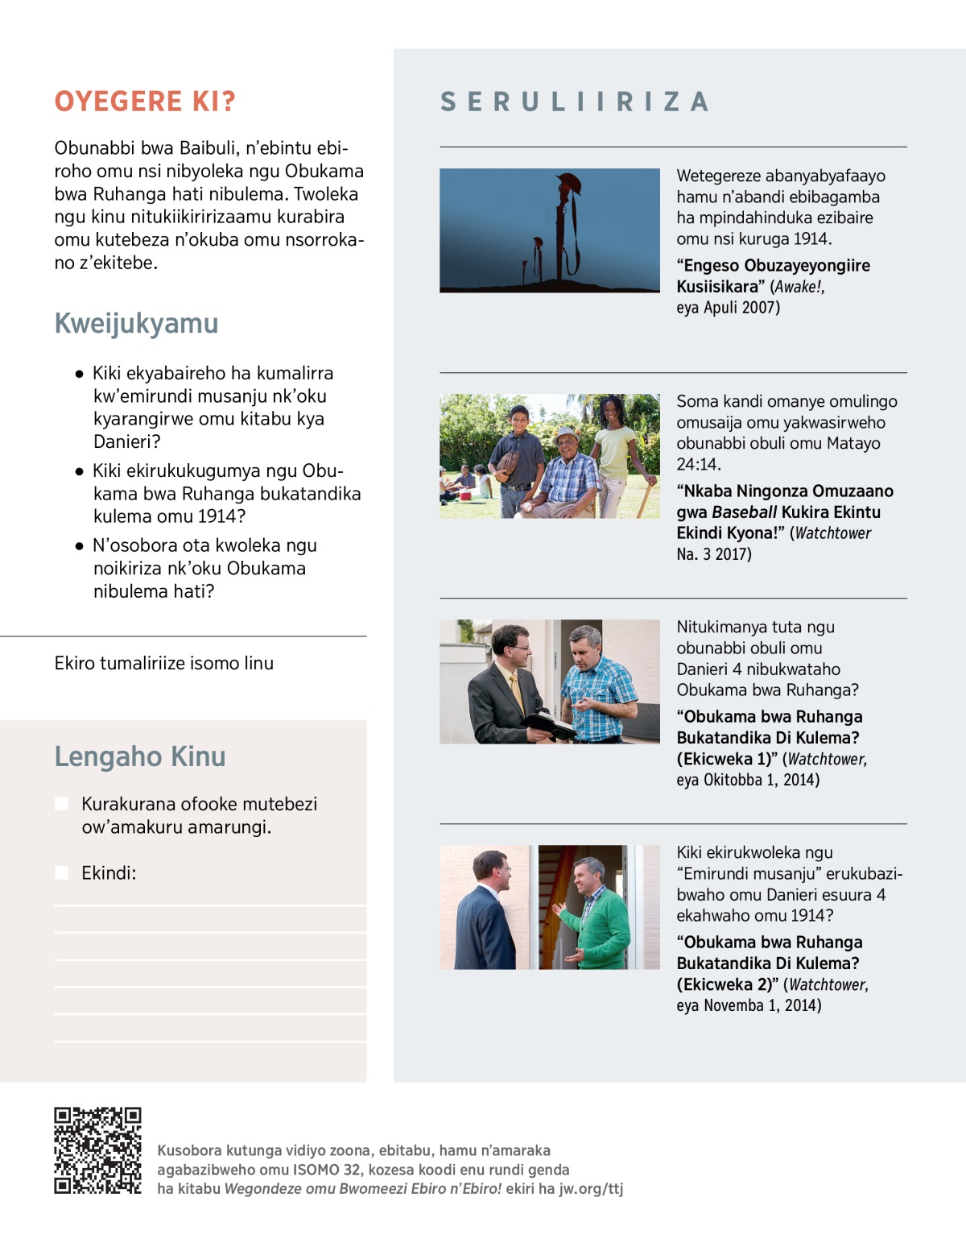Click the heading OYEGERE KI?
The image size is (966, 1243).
click(x=145, y=102)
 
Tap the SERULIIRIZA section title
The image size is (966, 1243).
click(x=574, y=102)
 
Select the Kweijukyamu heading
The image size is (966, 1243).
click(x=136, y=323)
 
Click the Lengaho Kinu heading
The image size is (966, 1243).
click(x=140, y=756)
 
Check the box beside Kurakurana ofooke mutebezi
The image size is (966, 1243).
click(x=61, y=804)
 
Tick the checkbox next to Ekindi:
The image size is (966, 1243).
click(x=61, y=873)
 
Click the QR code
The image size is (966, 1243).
click(x=97, y=1150)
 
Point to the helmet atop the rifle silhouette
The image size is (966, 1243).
click(x=568, y=183)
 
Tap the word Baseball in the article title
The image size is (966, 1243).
click(x=745, y=512)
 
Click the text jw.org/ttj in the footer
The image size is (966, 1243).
click(x=591, y=1189)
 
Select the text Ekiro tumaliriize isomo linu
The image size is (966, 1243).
click(x=164, y=663)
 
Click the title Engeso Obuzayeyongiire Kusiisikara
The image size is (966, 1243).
click(x=773, y=276)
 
